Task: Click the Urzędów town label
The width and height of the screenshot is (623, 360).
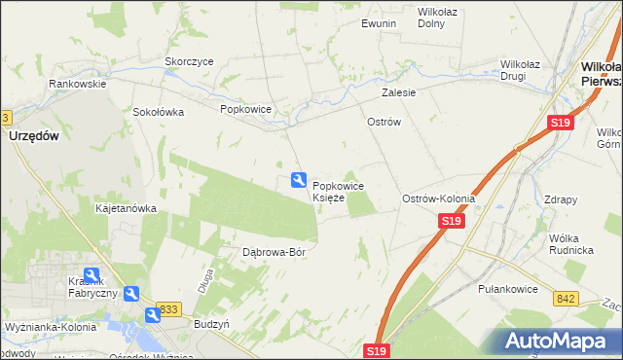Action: [33, 137]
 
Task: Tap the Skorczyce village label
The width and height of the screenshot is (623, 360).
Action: [189, 60]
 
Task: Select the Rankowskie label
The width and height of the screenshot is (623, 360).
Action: [78, 84]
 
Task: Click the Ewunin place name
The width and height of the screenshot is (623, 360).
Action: [378, 23]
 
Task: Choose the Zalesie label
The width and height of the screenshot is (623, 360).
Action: [399, 93]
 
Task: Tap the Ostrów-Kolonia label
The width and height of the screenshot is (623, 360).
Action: [438, 198]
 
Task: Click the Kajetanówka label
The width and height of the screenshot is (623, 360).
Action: [126, 208]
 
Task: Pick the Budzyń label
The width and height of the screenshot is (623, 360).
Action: [211, 323]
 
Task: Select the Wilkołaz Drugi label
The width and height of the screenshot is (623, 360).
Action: [527, 70]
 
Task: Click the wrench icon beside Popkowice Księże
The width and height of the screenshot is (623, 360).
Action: [299, 180]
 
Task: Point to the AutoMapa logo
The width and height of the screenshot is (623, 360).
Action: [560, 341]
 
